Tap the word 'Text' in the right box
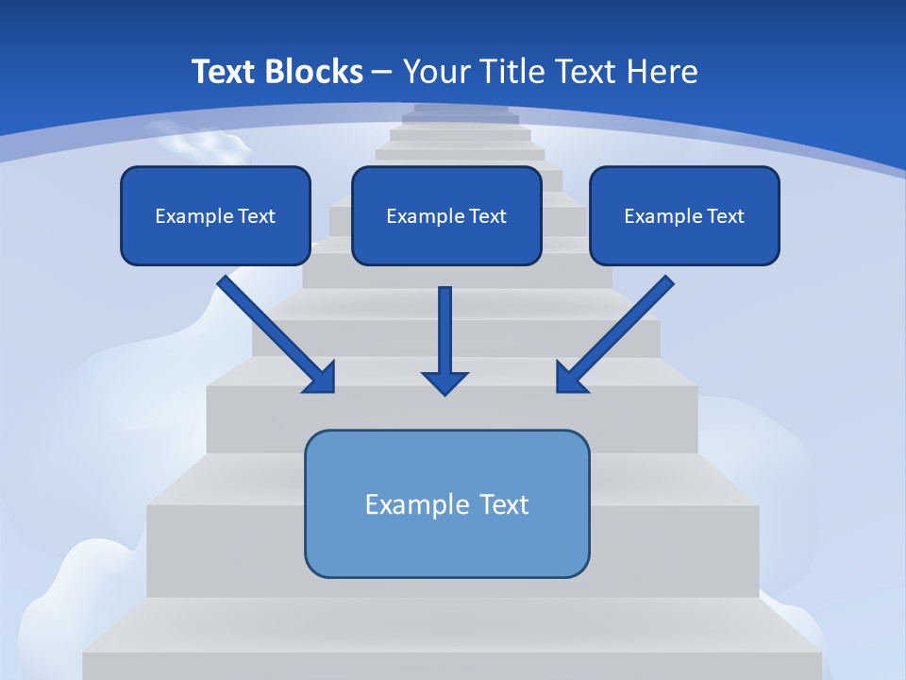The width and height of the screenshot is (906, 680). coord(725,216)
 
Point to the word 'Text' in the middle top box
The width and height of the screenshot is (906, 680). coord(487,216)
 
